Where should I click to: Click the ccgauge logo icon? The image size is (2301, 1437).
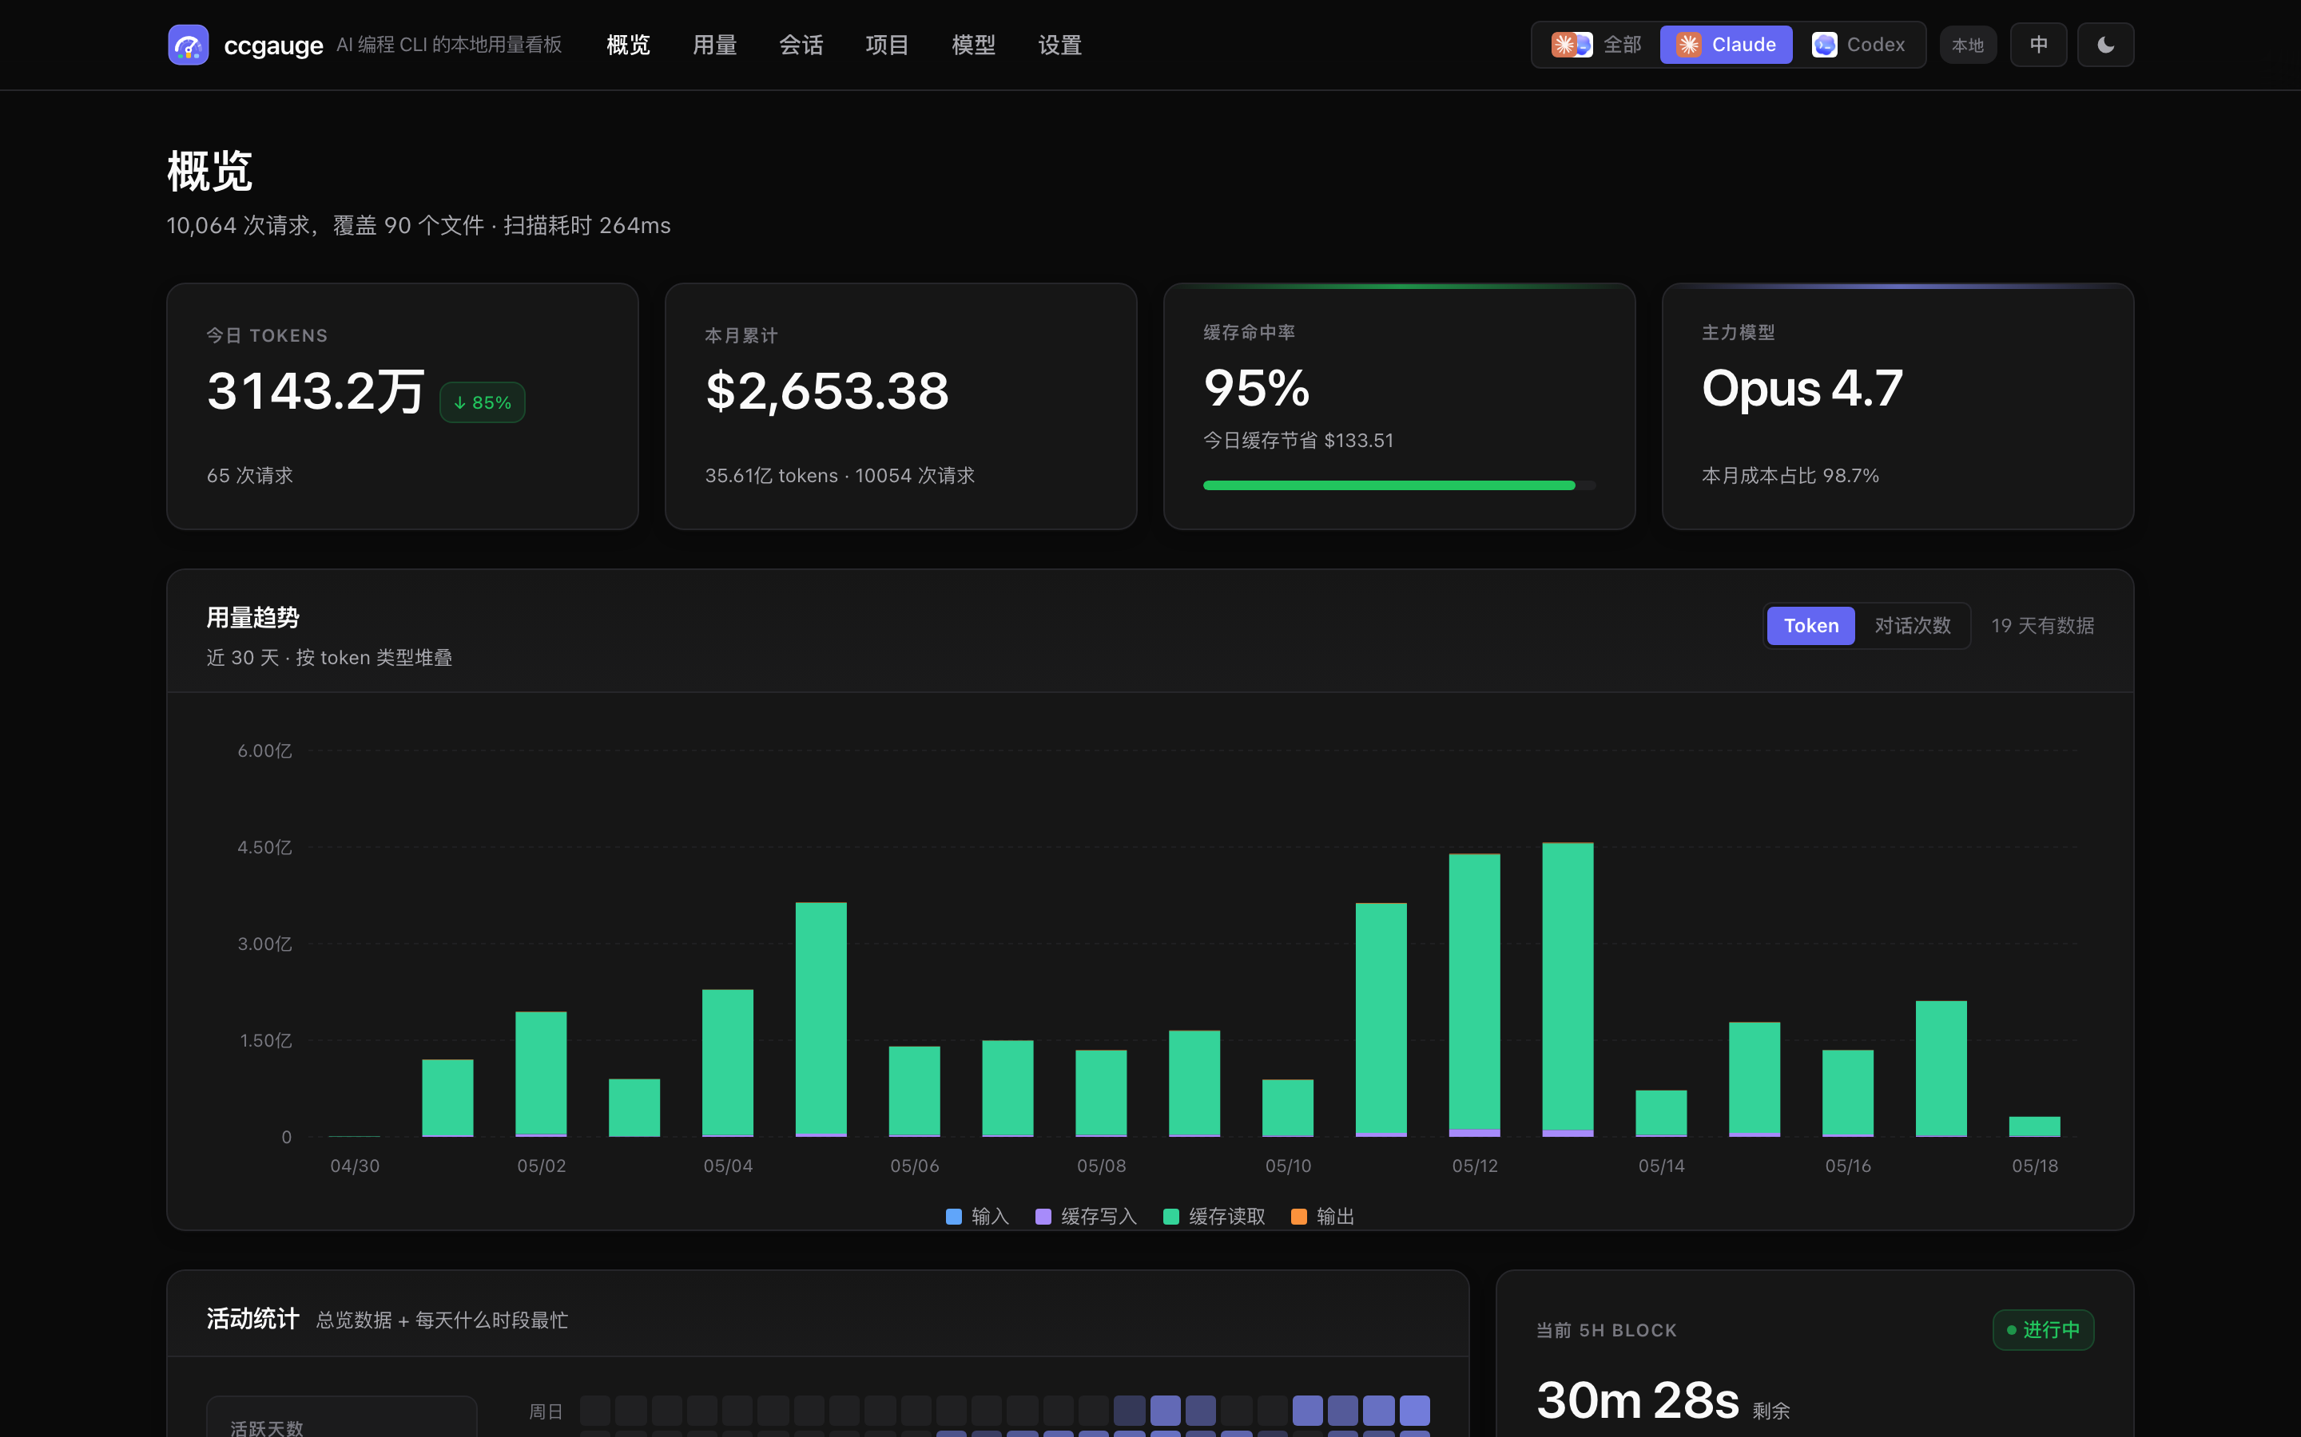click(x=189, y=45)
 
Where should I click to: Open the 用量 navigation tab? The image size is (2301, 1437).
click(x=714, y=45)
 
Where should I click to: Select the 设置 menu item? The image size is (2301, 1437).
click(x=1059, y=45)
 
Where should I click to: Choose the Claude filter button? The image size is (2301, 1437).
click(x=1726, y=45)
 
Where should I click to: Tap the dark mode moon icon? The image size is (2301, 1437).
click(x=2105, y=45)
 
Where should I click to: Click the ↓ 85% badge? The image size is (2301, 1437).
click(x=482, y=402)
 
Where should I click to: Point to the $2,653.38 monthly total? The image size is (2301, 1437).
click(x=827, y=390)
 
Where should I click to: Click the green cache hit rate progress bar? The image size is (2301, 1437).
click(x=1389, y=485)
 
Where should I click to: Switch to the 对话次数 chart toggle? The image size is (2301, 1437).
click(x=1912, y=625)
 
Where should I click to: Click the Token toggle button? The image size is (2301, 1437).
click(x=1810, y=625)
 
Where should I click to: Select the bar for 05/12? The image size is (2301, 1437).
click(x=1475, y=995)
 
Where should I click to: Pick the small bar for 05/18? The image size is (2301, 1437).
click(x=2035, y=1126)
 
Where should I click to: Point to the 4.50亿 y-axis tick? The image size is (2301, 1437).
click(x=264, y=847)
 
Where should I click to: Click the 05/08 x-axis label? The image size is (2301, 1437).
click(x=1101, y=1166)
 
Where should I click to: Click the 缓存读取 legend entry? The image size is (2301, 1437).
click(x=1214, y=1217)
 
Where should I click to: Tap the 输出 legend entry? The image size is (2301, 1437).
click(x=1322, y=1217)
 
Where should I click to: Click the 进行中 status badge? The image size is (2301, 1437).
click(x=2043, y=1329)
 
